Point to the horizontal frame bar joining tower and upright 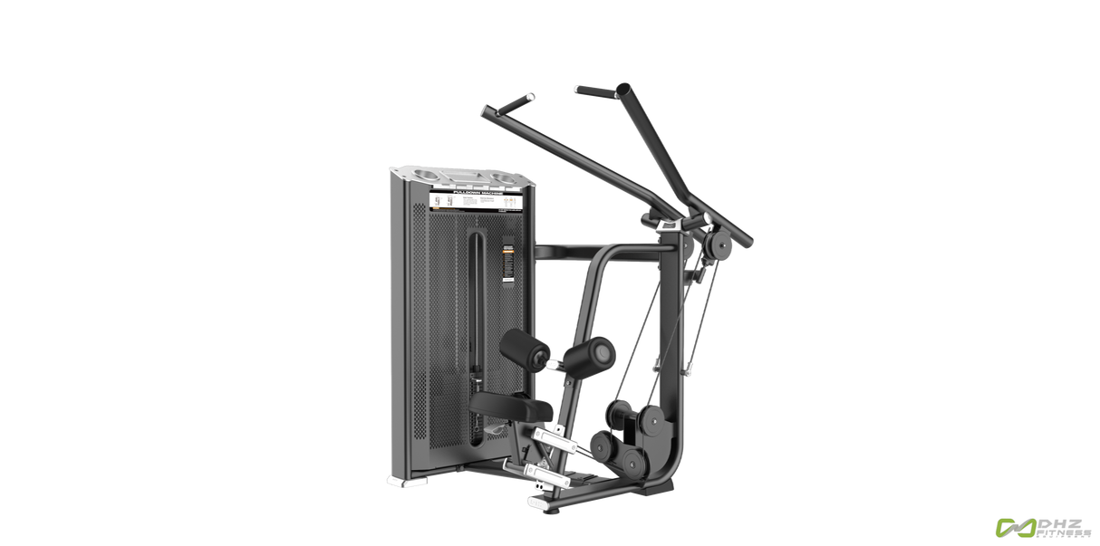pos(607,245)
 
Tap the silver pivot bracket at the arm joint pos(672,224)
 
